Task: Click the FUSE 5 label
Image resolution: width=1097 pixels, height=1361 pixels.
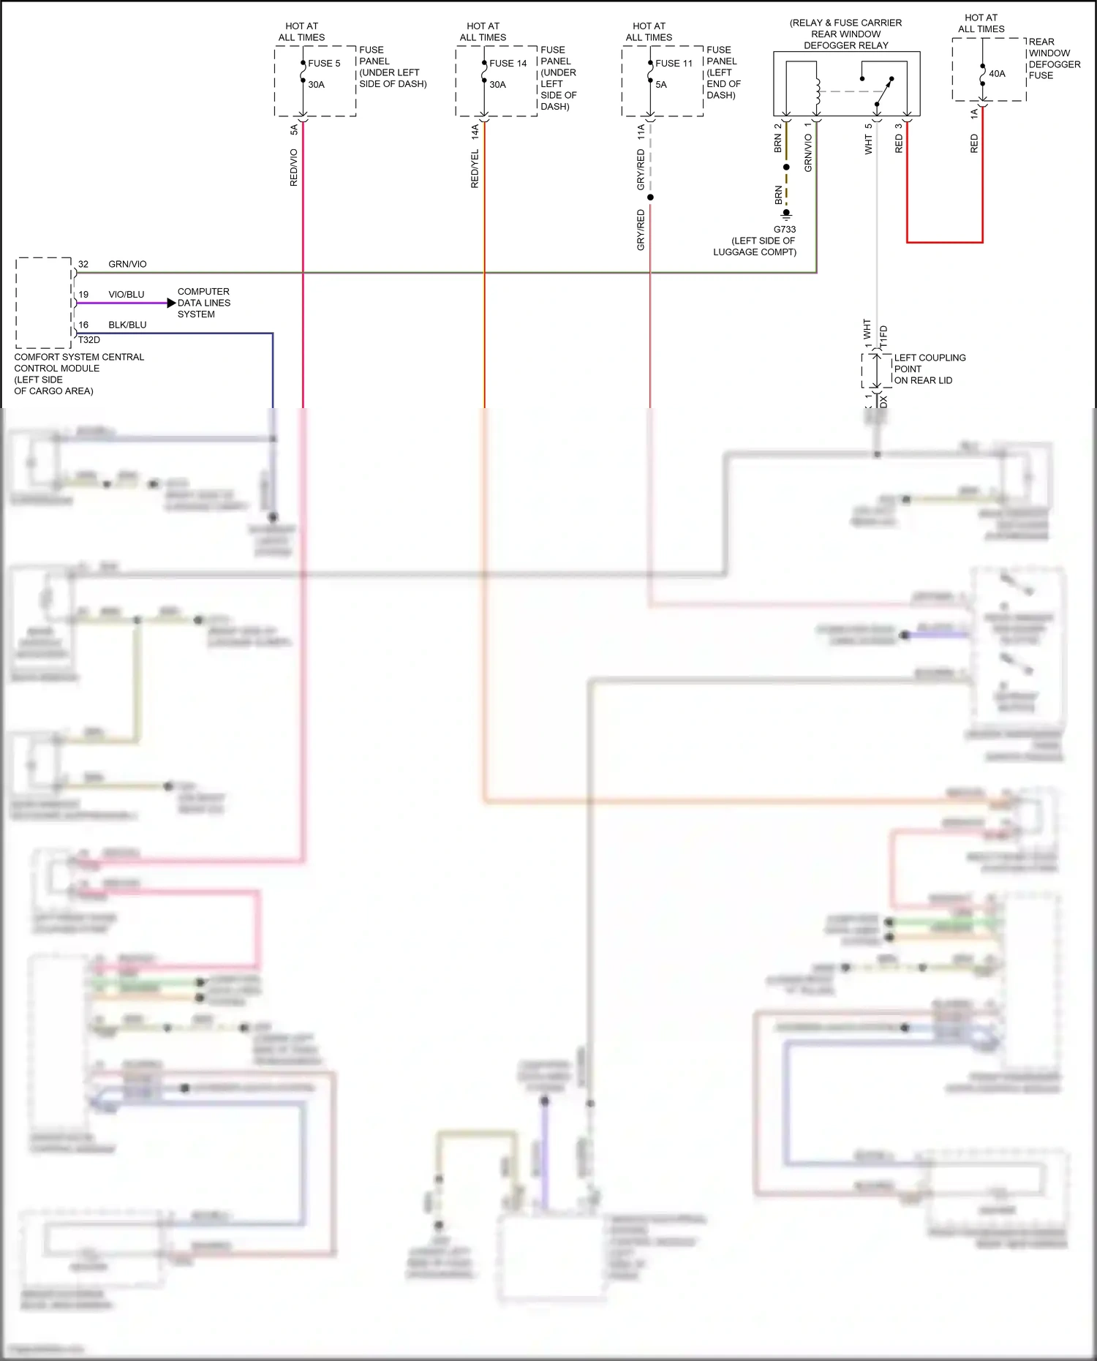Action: pyautogui.click(x=324, y=64)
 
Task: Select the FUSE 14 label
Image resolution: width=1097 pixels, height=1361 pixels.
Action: pyautogui.click(x=508, y=64)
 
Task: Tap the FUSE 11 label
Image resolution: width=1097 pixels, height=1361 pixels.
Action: pyautogui.click(x=674, y=64)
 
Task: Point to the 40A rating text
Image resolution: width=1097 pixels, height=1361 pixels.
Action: pyautogui.click(x=997, y=74)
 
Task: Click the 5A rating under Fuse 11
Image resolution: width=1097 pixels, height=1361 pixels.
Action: pyautogui.click(x=661, y=85)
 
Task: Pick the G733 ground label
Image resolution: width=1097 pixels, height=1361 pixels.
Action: pyautogui.click(x=785, y=230)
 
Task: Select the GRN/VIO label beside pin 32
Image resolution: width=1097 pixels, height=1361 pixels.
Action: pyautogui.click(x=127, y=264)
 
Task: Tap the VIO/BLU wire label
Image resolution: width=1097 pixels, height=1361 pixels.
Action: pyautogui.click(x=127, y=295)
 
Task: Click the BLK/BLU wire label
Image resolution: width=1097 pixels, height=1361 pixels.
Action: pyautogui.click(x=127, y=325)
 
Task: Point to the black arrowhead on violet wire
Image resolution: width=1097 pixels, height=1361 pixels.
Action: pyautogui.click(x=171, y=303)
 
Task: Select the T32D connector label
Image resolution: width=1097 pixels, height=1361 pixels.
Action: pyautogui.click(x=89, y=340)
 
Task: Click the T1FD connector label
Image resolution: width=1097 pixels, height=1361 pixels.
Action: pyautogui.click(x=883, y=336)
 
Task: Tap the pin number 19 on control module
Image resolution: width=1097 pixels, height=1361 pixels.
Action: pyautogui.click(x=83, y=295)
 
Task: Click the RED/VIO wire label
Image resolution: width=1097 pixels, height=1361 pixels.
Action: pyautogui.click(x=294, y=167)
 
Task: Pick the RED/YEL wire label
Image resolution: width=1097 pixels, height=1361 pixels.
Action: pyautogui.click(x=475, y=169)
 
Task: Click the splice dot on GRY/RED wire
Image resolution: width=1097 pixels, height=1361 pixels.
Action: pyautogui.click(x=650, y=197)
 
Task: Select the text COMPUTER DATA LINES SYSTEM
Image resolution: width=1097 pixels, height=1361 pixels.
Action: pyautogui.click(x=203, y=303)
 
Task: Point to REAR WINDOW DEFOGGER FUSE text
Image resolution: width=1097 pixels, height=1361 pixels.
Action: pyautogui.click(x=1054, y=59)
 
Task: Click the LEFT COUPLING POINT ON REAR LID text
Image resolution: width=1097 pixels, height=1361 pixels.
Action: pyautogui.click(x=929, y=369)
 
